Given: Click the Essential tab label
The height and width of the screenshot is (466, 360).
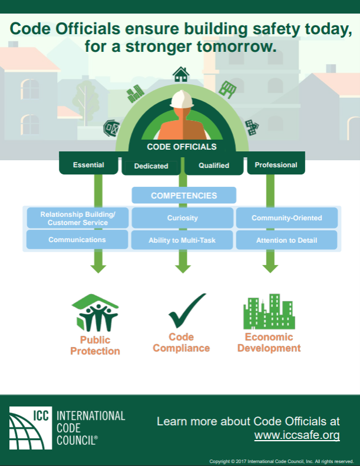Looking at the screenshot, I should (x=88, y=165).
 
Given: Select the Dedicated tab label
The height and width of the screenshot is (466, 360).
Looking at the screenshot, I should (x=151, y=166).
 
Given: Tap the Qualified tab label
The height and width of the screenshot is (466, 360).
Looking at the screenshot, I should (x=214, y=166).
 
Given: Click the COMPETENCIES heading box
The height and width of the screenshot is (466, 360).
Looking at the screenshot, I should (x=183, y=196).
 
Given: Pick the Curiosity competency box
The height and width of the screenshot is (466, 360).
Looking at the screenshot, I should (x=182, y=218).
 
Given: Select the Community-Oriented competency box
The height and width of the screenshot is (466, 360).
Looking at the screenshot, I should (x=286, y=218).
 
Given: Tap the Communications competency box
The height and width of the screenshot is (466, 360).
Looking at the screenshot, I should (x=77, y=240).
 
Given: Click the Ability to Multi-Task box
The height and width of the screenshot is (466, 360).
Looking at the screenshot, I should (x=182, y=240).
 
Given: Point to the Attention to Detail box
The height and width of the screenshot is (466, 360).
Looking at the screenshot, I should (x=286, y=240).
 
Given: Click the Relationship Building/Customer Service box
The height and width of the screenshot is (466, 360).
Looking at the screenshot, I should (x=77, y=218).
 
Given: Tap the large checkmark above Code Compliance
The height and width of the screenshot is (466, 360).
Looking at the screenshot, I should (x=187, y=310).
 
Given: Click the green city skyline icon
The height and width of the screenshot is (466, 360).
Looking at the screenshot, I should (x=269, y=312).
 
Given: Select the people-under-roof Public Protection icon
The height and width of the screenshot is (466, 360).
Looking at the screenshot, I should (x=95, y=313).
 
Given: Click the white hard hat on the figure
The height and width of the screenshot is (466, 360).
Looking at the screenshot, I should (x=182, y=99).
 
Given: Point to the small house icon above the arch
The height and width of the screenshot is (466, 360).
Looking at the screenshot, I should (x=181, y=74).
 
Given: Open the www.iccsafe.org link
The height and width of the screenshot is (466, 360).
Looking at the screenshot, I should (x=297, y=435).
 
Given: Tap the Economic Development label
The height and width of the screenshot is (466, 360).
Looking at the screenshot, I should (x=269, y=342).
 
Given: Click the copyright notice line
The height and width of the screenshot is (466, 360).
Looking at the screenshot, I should (x=281, y=461).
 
